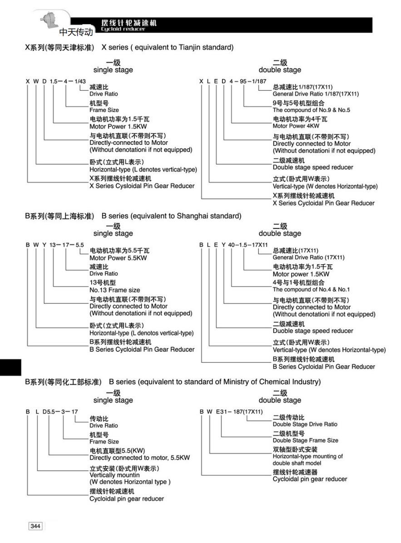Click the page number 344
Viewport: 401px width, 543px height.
[35, 526]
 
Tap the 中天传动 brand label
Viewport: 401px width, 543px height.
[76, 32]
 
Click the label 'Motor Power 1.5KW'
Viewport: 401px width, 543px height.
[118, 127]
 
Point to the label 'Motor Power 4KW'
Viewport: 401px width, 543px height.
[296, 126]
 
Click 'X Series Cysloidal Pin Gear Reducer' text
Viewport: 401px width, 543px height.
[142, 186]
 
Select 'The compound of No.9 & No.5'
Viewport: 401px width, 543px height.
[311, 110]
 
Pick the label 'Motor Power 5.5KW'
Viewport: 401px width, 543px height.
[118, 258]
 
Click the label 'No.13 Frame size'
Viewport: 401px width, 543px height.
[114, 290]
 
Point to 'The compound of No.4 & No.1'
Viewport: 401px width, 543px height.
[311, 289]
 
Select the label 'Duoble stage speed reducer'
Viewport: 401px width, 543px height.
[312, 331]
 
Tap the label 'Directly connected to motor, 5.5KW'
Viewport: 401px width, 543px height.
[139, 458]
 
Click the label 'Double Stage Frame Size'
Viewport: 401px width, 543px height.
[305, 440]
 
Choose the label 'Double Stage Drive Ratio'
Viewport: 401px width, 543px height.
[305, 424]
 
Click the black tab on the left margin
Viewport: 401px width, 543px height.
[10, 367]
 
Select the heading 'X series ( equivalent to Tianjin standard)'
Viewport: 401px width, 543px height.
[167, 47]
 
